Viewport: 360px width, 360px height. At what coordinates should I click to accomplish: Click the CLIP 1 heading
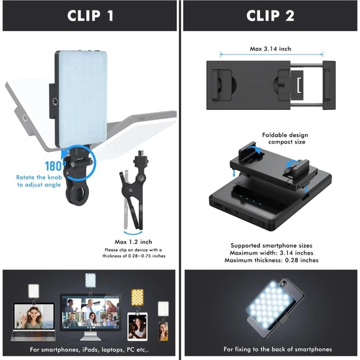click(x=90, y=16)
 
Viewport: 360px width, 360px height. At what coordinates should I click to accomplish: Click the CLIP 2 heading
click(x=270, y=16)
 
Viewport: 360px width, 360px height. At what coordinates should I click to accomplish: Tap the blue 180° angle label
click(x=53, y=166)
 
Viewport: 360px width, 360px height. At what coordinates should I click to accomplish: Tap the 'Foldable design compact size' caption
click(x=285, y=138)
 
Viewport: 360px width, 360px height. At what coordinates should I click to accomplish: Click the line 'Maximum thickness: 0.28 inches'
click(x=274, y=260)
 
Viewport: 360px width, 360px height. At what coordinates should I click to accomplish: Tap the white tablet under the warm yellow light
click(x=137, y=326)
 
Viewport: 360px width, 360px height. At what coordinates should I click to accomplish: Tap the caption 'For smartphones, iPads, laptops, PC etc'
click(x=91, y=349)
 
